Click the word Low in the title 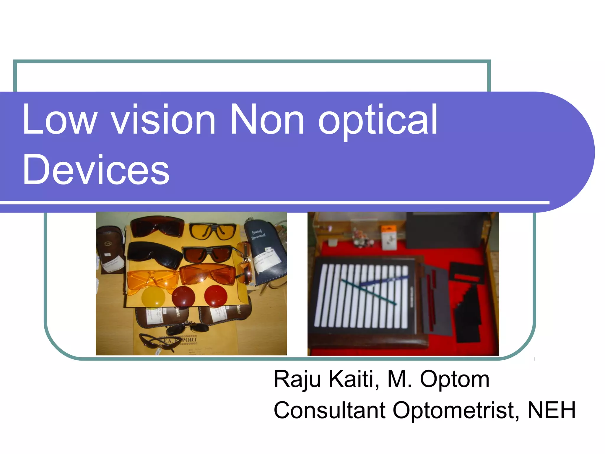tap(59, 120)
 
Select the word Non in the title tap(267, 120)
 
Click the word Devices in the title tap(96, 170)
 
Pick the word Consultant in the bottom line tap(329, 411)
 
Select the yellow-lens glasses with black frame tap(212, 231)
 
